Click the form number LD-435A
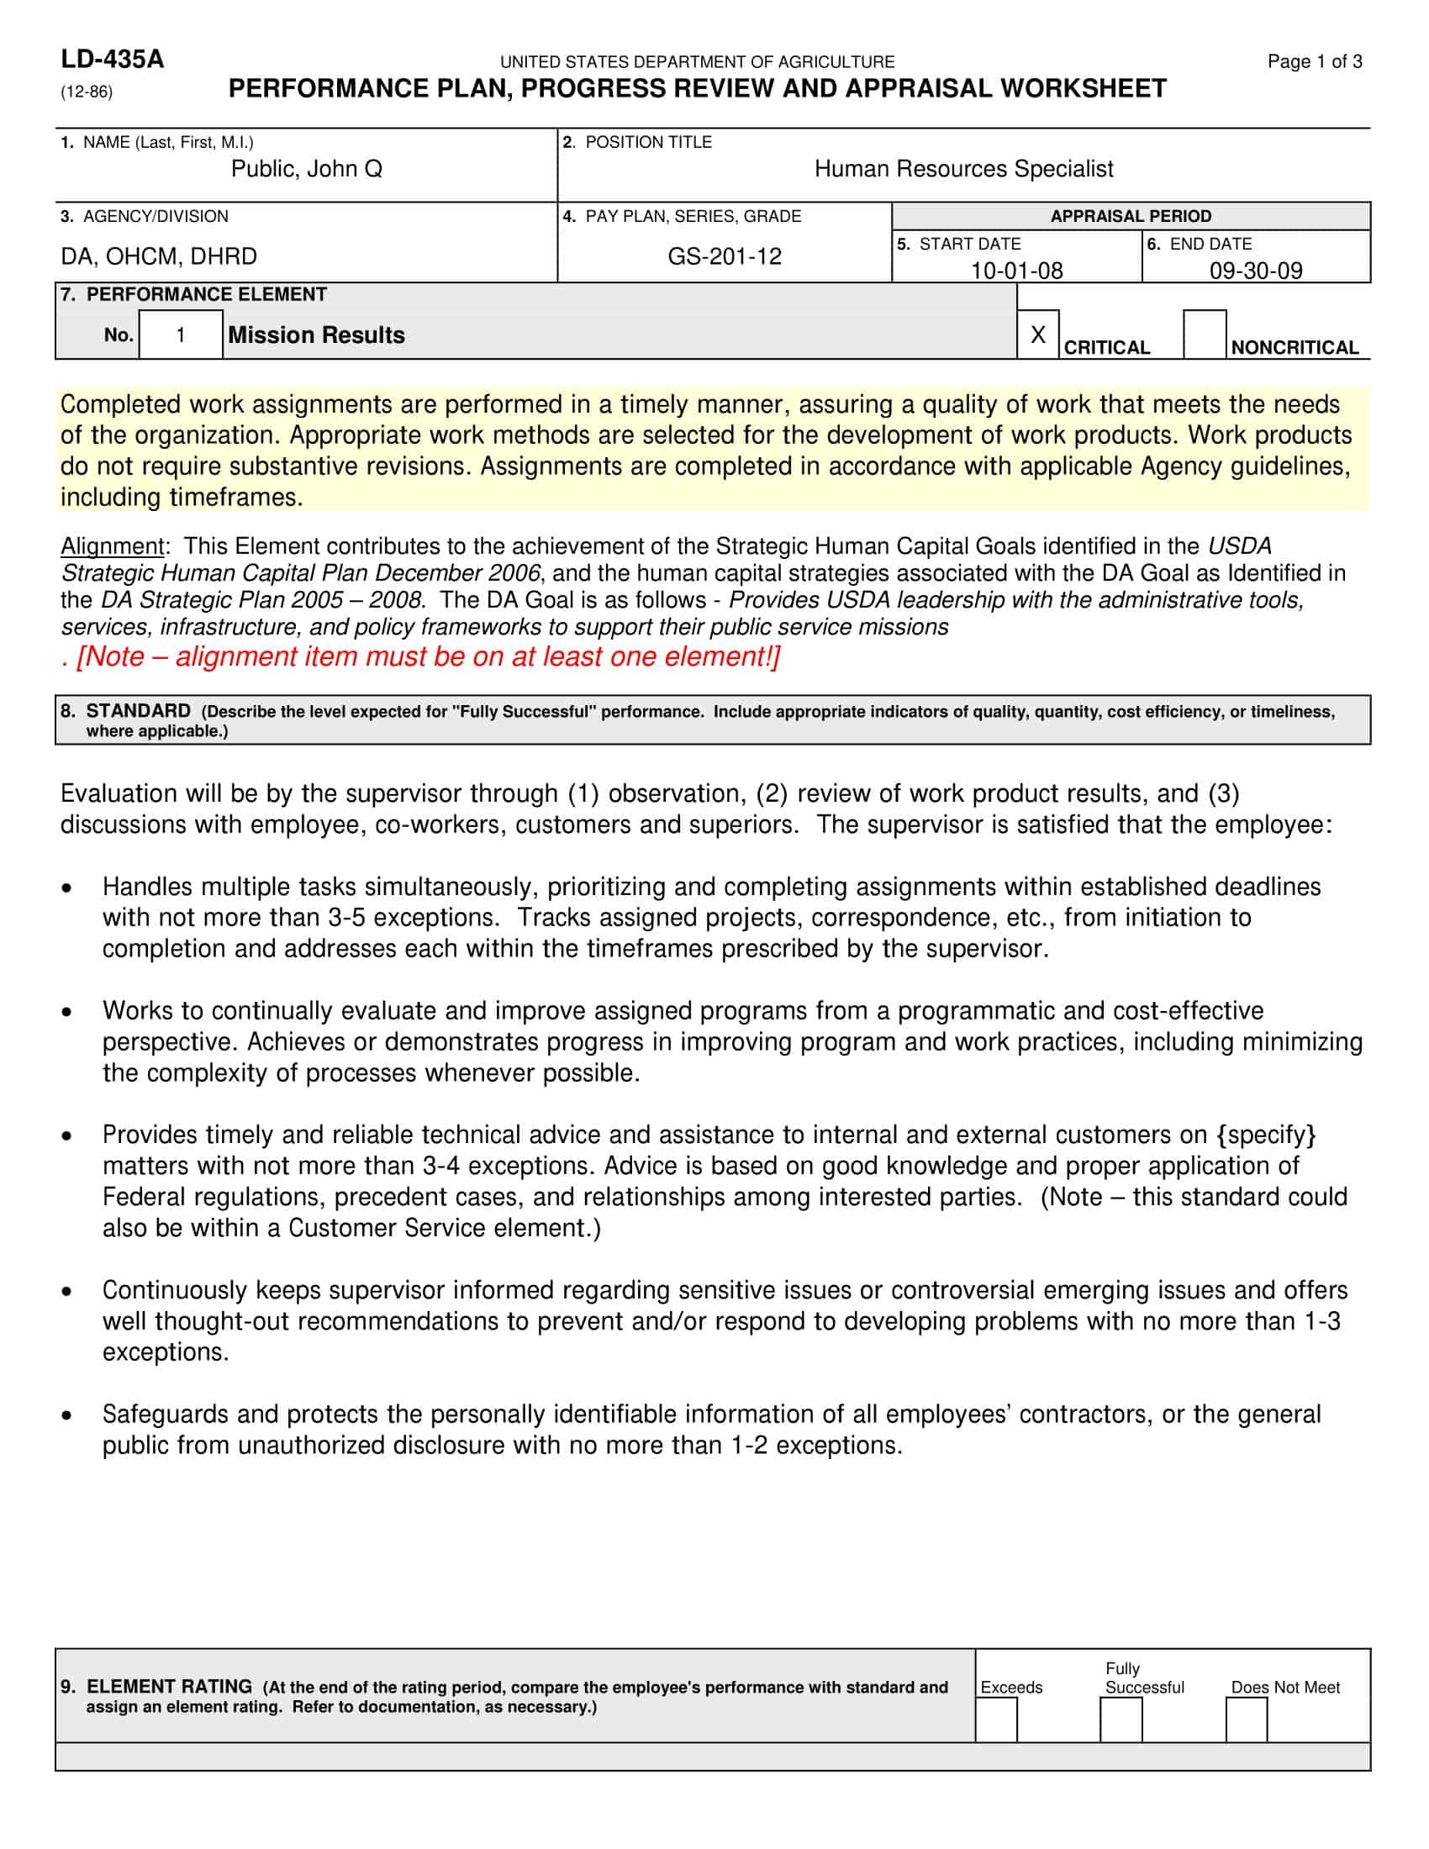[112, 60]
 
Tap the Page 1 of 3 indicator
[1314, 61]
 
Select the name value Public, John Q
[307, 169]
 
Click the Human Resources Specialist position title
[963, 169]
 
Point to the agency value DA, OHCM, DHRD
[158, 256]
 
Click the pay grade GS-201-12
[725, 256]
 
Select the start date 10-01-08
[1016, 270]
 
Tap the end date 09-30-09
[1256, 270]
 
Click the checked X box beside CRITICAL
[1038, 335]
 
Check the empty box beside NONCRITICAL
[1204, 335]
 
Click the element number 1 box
[181, 335]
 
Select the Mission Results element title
[316, 335]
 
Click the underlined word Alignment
[112, 546]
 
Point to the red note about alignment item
[421, 656]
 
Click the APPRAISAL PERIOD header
[1130, 216]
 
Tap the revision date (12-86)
[87, 92]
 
